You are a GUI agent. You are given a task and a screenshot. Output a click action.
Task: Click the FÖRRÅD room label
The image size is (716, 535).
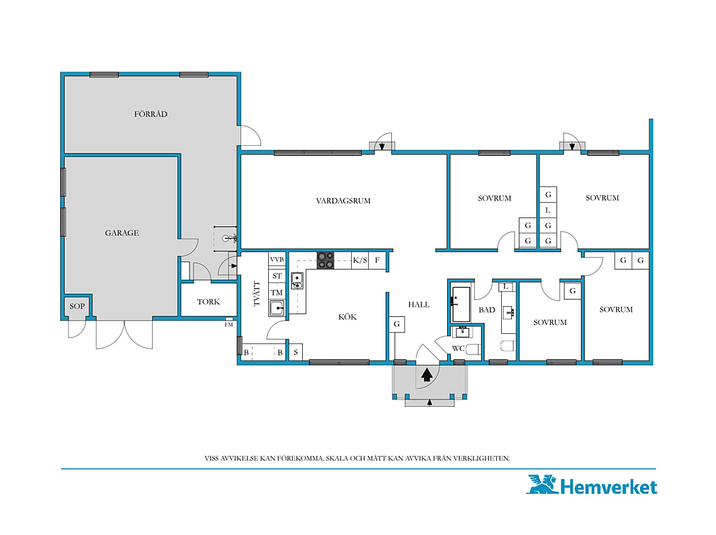(x=151, y=114)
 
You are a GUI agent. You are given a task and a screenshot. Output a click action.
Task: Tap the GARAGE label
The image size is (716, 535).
(x=122, y=233)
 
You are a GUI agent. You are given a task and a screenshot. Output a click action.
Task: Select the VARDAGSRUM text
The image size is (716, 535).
(x=344, y=201)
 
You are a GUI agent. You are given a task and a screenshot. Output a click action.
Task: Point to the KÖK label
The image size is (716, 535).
(x=347, y=317)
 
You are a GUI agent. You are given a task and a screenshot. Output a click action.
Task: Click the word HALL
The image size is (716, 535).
(x=419, y=304)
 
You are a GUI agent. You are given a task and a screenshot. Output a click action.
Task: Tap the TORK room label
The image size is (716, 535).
(x=209, y=302)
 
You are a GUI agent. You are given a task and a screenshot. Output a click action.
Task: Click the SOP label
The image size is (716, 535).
(x=77, y=306)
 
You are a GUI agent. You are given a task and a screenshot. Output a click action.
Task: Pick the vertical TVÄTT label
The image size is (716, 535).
(x=257, y=294)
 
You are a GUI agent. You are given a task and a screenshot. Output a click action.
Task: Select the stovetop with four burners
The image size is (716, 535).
(x=325, y=260)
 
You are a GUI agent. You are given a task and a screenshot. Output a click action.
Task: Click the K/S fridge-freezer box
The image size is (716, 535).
(x=360, y=260)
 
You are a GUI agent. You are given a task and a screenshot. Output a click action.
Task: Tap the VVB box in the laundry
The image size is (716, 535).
(x=277, y=259)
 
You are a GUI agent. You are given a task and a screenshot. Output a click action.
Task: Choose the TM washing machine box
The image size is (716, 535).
(x=277, y=292)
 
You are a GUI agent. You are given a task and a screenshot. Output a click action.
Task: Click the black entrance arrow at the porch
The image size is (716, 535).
(x=427, y=375)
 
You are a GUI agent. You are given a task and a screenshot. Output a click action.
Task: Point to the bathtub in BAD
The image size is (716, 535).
(x=461, y=304)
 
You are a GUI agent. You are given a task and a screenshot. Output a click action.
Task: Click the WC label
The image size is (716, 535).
(x=458, y=348)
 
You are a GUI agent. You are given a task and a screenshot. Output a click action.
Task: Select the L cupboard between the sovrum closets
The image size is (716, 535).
(x=548, y=211)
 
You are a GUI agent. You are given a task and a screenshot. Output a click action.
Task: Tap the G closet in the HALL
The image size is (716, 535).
(x=397, y=324)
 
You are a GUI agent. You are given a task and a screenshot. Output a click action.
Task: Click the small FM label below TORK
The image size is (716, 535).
(x=229, y=324)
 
